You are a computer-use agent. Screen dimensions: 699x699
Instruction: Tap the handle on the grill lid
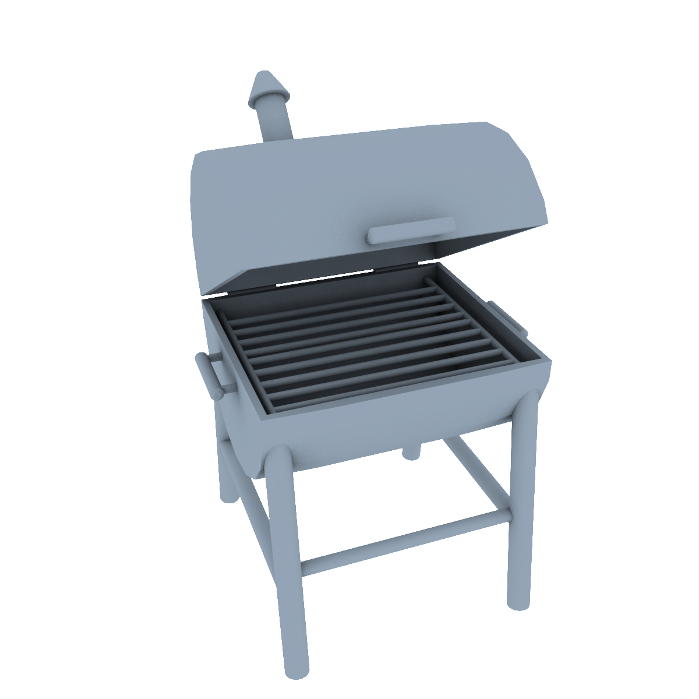click(411, 230)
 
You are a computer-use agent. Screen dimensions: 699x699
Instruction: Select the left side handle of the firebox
click(210, 376)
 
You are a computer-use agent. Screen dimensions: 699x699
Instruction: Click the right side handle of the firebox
click(507, 317)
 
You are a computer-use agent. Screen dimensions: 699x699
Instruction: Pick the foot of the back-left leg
click(228, 495)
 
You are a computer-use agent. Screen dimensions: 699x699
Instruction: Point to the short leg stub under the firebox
click(411, 452)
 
